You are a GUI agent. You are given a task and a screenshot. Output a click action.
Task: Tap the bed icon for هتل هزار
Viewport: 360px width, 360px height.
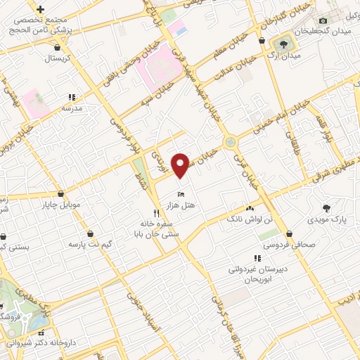(181, 193)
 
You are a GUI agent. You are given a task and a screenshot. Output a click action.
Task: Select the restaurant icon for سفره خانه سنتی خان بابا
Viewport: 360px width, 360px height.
(157, 212)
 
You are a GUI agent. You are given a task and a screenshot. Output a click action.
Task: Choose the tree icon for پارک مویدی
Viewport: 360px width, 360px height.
(326, 207)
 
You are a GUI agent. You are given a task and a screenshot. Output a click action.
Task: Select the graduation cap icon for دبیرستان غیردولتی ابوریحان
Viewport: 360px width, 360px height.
(256, 258)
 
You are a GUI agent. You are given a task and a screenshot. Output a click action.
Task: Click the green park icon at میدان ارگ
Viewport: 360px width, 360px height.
(282, 44)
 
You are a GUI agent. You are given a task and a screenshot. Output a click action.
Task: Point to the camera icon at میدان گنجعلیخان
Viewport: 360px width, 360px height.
(323, 22)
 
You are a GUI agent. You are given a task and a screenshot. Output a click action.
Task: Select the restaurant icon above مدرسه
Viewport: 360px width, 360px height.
(70, 98)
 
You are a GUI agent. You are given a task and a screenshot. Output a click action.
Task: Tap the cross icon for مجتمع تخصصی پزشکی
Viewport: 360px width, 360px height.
(41, 9)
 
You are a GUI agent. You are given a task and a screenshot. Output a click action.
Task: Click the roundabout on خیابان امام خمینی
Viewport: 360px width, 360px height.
(231, 143)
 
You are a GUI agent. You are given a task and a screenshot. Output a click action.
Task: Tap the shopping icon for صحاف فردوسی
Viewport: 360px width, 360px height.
(289, 234)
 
